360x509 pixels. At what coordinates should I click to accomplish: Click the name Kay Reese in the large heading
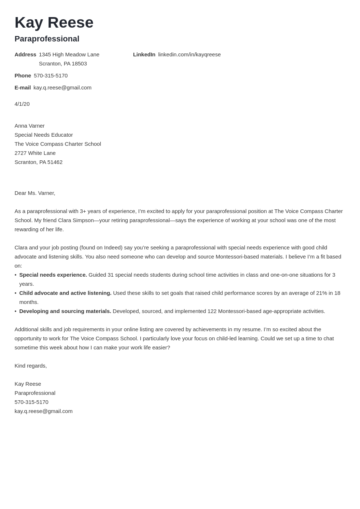(x=54, y=23)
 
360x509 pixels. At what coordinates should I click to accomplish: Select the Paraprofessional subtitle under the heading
(x=47, y=39)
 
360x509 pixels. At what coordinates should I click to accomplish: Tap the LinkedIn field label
(x=144, y=55)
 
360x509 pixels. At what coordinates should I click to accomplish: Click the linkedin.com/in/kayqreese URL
(x=189, y=55)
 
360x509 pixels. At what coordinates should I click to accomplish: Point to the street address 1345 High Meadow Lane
(x=69, y=55)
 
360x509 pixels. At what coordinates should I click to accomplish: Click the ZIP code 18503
(x=79, y=64)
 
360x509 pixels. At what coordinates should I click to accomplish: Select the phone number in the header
(x=51, y=76)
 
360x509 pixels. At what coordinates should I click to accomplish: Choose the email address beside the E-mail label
(x=62, y=88)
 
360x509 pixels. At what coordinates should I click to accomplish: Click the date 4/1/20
(x=22, y=104)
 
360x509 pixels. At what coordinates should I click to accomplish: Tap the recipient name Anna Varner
(x=29, y=126)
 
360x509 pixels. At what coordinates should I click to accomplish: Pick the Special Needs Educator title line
(x=44, y=135)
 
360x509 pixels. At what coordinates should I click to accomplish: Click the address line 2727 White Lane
(x=35, y=153)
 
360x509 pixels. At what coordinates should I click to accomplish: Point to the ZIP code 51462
(x=55, y=162)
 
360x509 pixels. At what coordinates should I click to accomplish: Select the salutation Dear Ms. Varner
(x=35, y=193)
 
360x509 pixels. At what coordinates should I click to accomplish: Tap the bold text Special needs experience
(x=53, y=275)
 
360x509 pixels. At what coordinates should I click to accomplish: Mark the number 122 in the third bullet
(x=212, y=311)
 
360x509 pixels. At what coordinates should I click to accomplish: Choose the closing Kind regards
(x=31, y=366)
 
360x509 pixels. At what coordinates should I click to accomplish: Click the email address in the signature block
(x=44, y=411)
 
